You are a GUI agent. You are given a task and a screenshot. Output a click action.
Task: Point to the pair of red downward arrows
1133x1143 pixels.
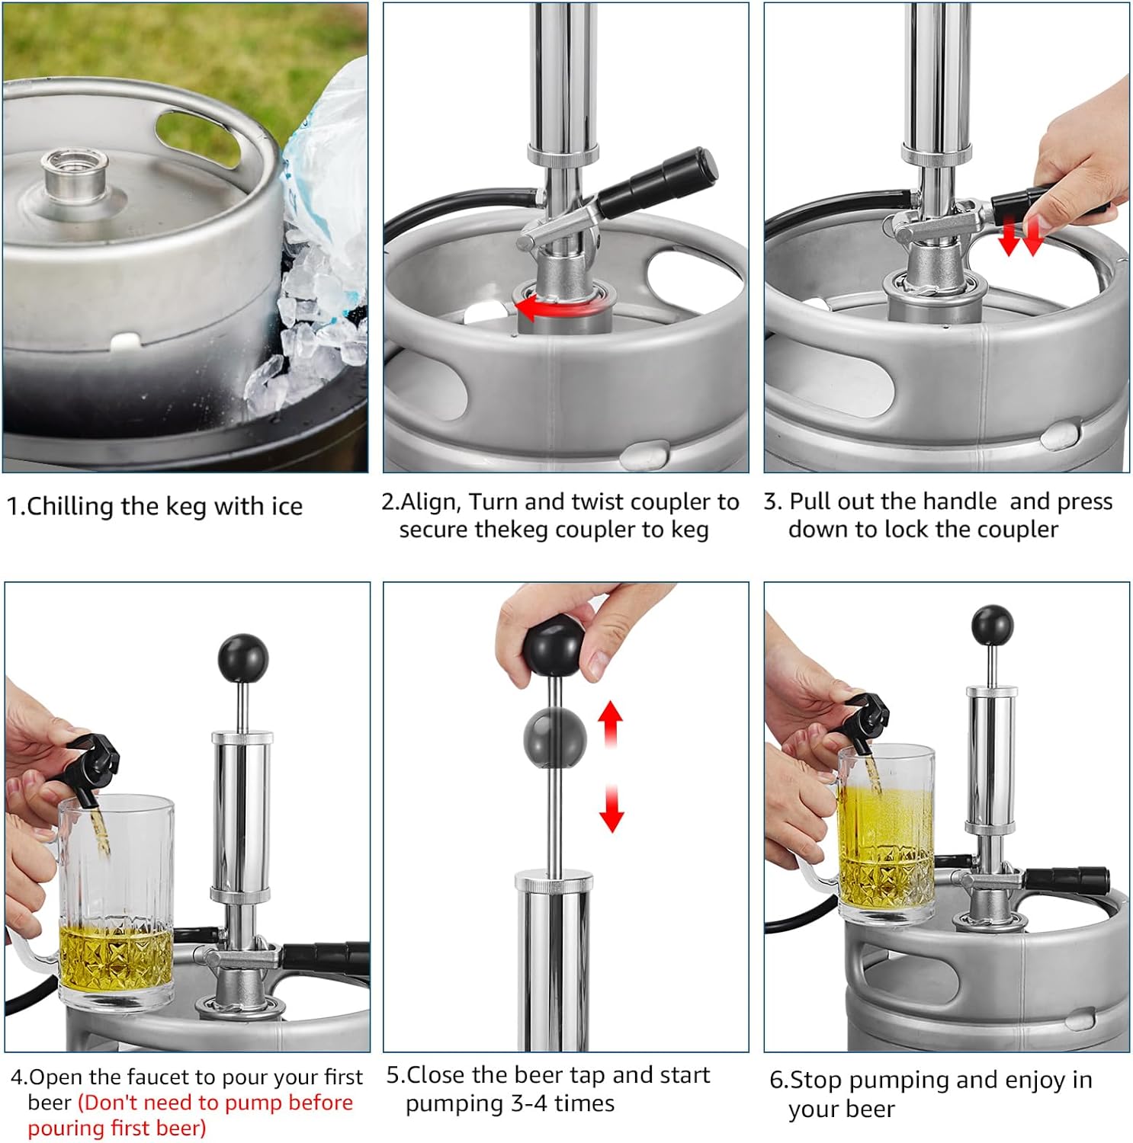[1020, 235]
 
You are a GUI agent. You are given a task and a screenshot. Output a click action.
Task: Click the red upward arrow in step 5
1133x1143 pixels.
[611, 724]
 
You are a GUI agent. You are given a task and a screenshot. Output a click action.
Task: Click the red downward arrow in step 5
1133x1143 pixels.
[611, 809]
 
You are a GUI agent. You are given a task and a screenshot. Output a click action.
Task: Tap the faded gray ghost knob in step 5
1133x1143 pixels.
[555, 737]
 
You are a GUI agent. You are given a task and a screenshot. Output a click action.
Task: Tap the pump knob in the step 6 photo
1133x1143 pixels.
[992, 625]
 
